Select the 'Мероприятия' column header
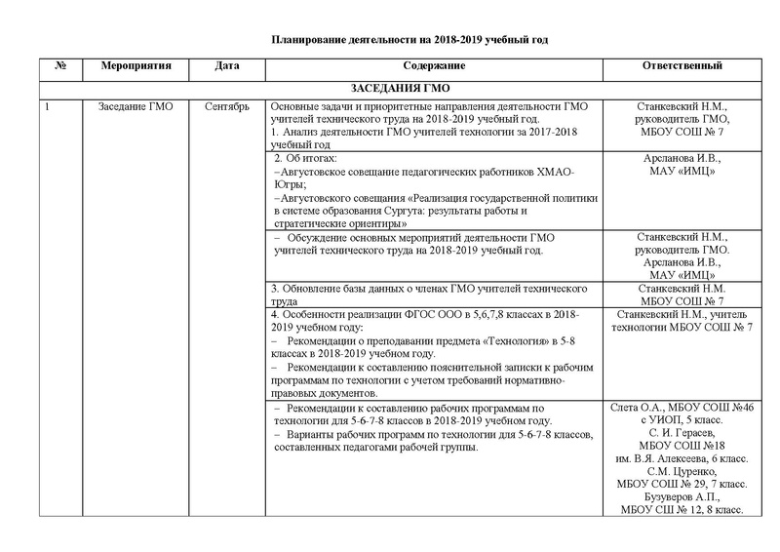tap(136, 67)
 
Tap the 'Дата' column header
tap(232, 67)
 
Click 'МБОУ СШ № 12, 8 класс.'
tap(683, 509)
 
